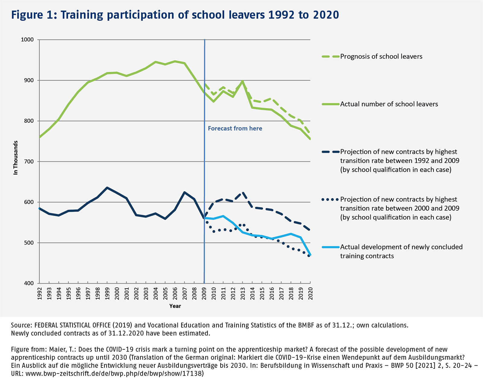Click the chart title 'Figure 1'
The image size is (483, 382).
coord(175,15)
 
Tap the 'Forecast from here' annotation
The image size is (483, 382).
coord(235,128)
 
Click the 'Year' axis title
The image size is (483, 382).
coord(175,306)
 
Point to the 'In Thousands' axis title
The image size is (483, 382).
coord(16,158)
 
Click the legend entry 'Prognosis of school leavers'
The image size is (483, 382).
coord(381,57)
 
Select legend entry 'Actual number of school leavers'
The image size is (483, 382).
coord(389,104)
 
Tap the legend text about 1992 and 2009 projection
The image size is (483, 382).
coord(399,160)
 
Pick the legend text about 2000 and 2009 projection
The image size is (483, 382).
coord(399,208)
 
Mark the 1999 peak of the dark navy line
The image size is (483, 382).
coord(107,188)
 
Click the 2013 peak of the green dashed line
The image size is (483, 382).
coord(242,81)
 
